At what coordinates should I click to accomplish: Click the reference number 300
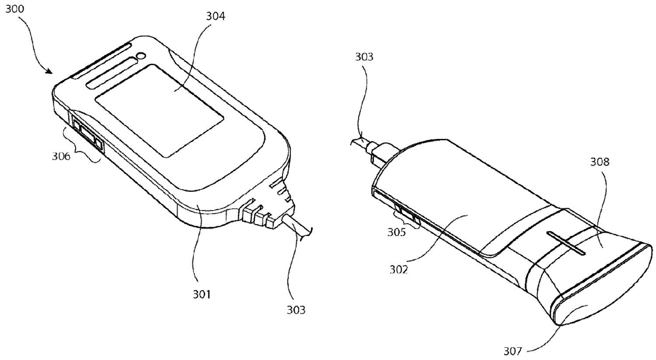15,10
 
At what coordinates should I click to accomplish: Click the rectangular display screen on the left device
159,110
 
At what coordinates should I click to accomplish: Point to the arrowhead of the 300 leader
51,72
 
